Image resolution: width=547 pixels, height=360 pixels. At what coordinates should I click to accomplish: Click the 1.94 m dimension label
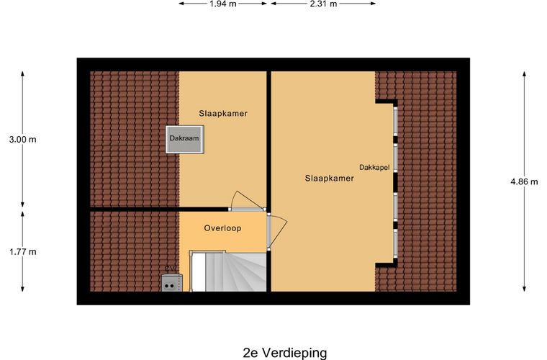click(223, 4)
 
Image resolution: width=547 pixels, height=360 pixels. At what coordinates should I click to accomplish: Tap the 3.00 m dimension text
click(22, 140)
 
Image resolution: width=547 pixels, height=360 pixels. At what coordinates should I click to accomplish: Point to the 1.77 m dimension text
click(22, 251)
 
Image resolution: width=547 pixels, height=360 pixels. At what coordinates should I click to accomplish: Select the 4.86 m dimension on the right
click(524, 182)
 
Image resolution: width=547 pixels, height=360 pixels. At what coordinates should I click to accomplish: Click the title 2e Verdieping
click(285, 352)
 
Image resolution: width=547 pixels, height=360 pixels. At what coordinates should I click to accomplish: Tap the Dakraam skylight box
click(184, 138)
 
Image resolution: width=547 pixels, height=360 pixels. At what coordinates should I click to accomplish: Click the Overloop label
click(222, 228)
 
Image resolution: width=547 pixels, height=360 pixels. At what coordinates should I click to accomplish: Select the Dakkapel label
click(374, 167)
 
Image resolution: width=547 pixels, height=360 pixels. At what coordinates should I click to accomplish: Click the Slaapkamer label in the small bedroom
click(223, 113)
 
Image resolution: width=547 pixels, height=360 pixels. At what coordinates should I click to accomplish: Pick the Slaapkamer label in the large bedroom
click(329, 179)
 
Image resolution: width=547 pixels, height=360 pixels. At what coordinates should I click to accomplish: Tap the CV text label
click(171, 269)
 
